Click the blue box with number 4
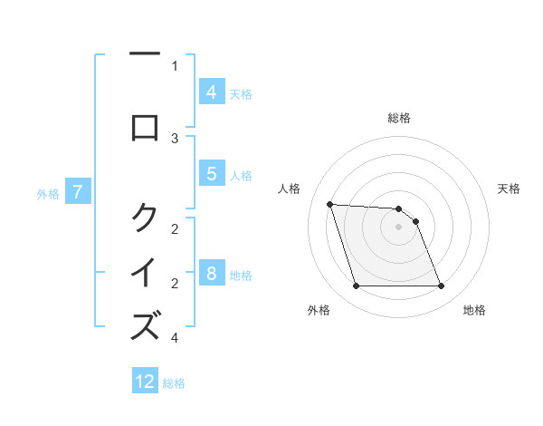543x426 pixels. point(211,92)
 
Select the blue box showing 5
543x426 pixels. point(211,174)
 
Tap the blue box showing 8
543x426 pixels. point(211,274)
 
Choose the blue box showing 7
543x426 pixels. point(78,191)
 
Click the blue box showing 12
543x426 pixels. point(145,382)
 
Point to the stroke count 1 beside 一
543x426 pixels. point(175,65)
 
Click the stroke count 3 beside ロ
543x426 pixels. point(175,139)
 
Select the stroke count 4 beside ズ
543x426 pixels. point(175,338)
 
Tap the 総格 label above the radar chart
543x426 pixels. point(399,118)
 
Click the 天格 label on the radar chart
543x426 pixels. point(509,189)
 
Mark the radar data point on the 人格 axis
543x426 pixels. point(329,204)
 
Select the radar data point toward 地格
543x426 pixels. point(441,286)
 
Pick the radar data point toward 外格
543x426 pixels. point(356,286)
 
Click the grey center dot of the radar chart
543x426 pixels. point(398,227)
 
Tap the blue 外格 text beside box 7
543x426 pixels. point(48,193)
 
